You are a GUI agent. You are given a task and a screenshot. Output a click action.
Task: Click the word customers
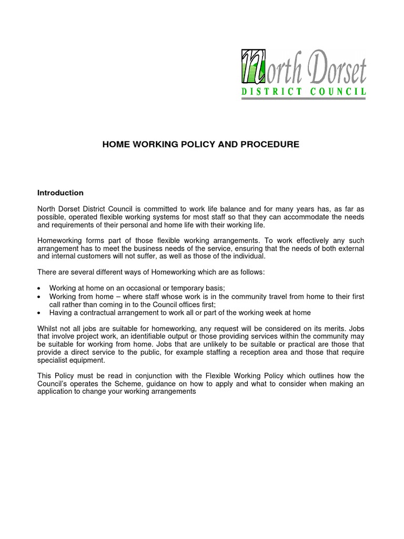point(100,256)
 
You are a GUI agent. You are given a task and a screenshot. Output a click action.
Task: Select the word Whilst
point(49,328)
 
